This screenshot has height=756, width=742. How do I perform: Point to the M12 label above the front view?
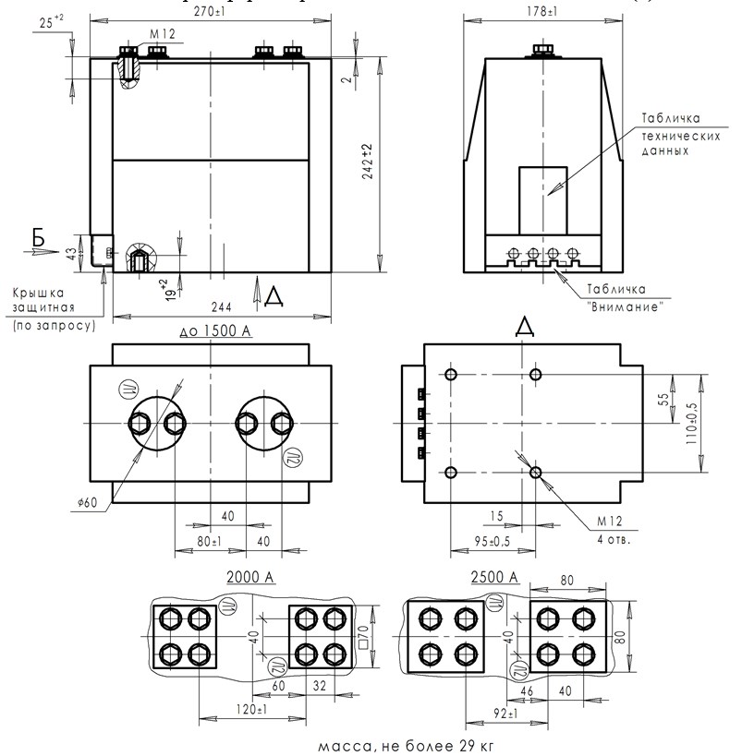pyautogui.click(x=162, y=35)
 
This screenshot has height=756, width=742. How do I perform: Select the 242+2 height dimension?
pyautogui.click(x=367, y=162)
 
